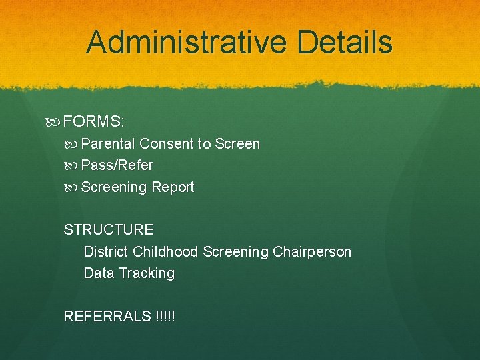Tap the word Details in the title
[345, 43]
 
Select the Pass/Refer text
[117, 165]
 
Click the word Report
[173, 187]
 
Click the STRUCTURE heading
[109, 230]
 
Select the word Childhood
[165, 251]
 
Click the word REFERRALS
[106, 316]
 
